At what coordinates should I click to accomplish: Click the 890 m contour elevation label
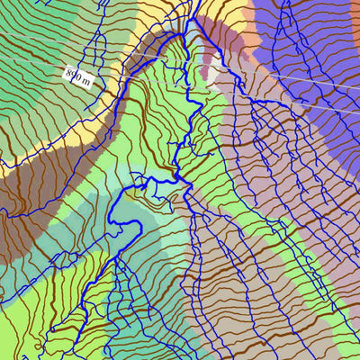click(x=79, y=76)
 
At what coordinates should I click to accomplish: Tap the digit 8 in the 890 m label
click(x=69, y=71)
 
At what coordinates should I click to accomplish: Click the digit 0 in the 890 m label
click(x=80, y=76)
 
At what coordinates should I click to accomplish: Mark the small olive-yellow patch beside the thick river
click(x=144, y=194)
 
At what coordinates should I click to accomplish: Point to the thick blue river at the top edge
click(x=194, y=7)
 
